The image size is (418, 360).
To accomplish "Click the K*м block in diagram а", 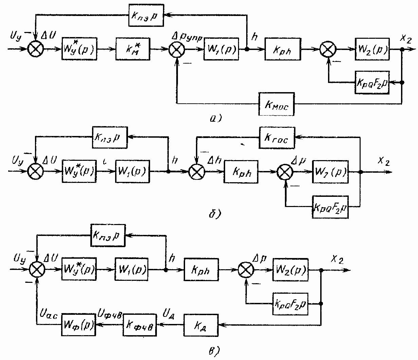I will pos(132,49).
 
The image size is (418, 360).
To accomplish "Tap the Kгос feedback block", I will pos(277,137).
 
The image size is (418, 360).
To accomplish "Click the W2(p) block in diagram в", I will pos(290,271).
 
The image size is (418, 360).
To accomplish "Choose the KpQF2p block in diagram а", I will pos(371,82).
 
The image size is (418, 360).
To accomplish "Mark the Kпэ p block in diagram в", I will pos(108,235).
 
